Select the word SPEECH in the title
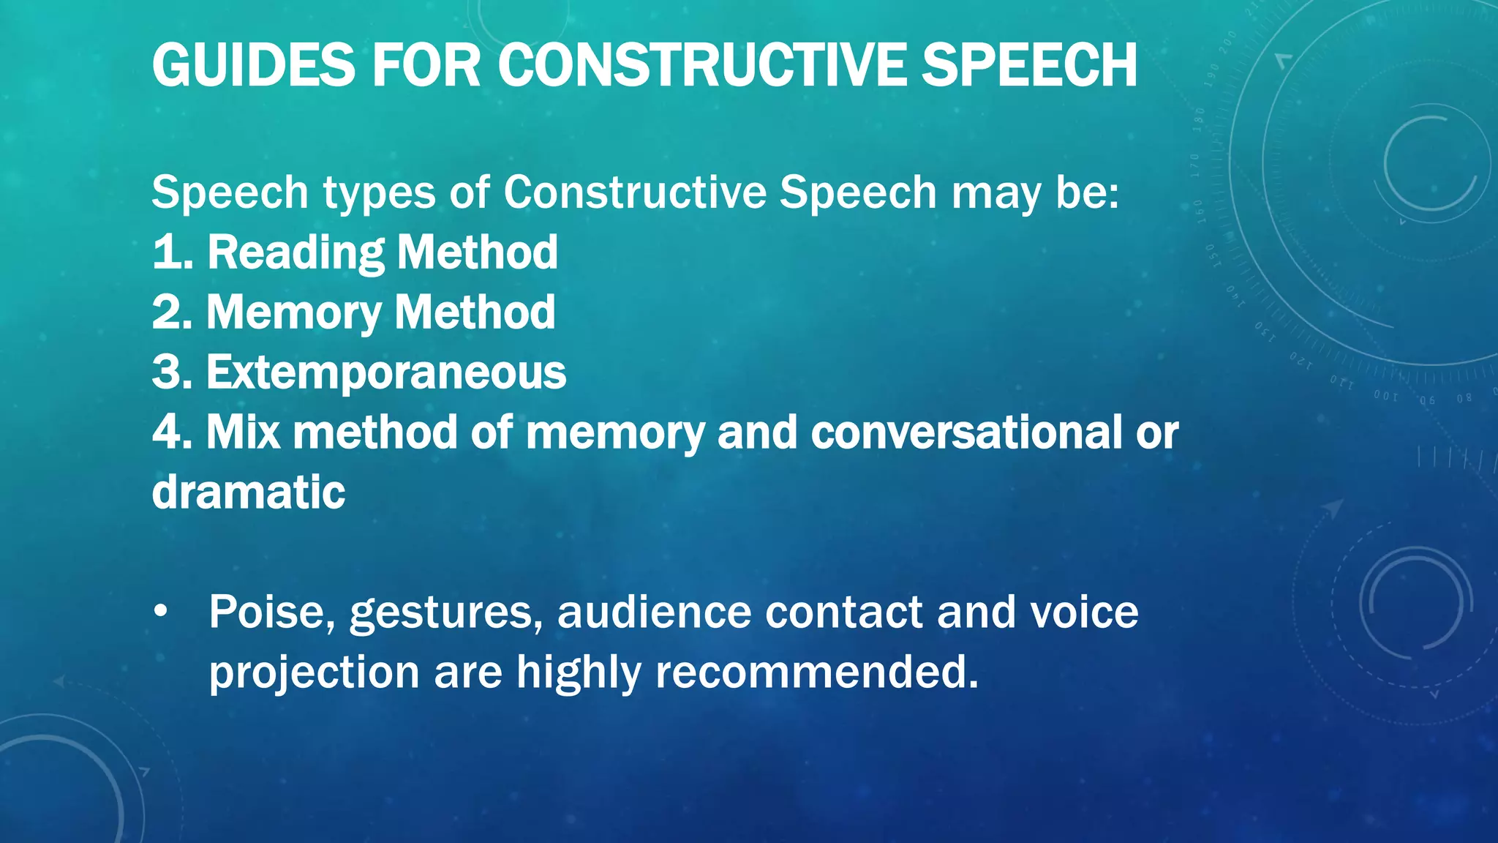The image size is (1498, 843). click(x=1028, y=66)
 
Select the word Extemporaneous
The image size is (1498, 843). click(x=386, y=372)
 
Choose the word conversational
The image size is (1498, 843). click(x=966, y=432)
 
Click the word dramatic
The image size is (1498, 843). click(x=249, y=492)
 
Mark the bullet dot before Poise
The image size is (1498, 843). click(x=161, y=612)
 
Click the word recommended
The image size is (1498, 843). click(x=816, y=672)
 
